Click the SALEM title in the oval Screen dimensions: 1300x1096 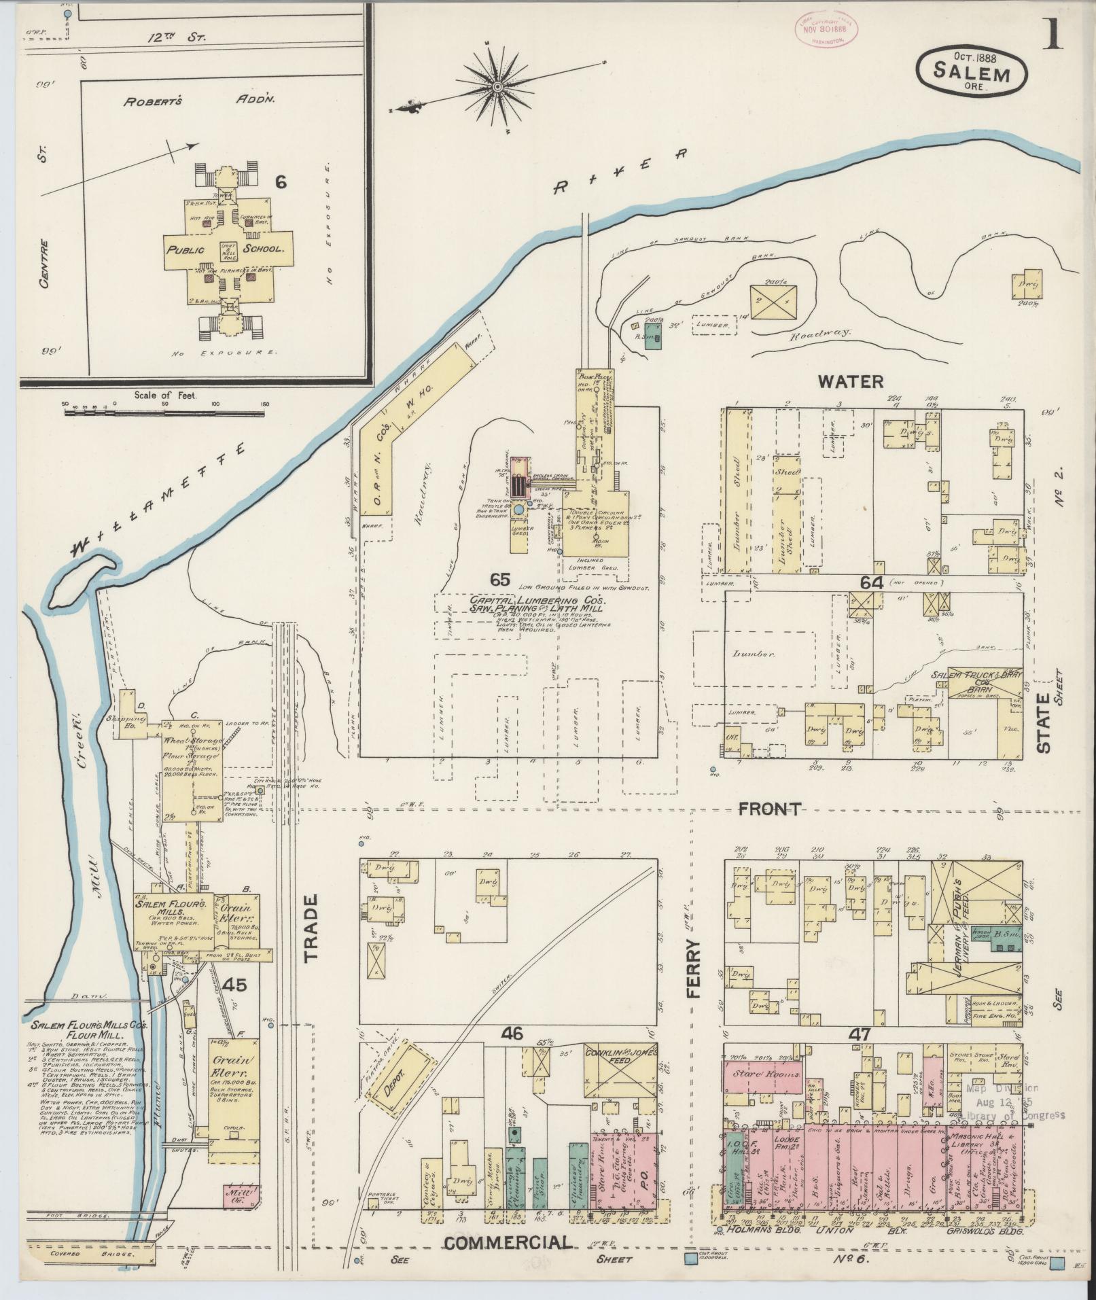(x=971, y=70)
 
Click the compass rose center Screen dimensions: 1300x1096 (x=497, y=86)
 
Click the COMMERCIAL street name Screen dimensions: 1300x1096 (x=508, y=1242)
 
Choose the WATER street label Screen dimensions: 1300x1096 (x=850, y=381)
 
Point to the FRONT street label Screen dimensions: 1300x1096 (x=770, y=809)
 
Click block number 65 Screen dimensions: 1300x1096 (x=499, y=579)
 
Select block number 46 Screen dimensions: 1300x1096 (x=511, y=1053)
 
